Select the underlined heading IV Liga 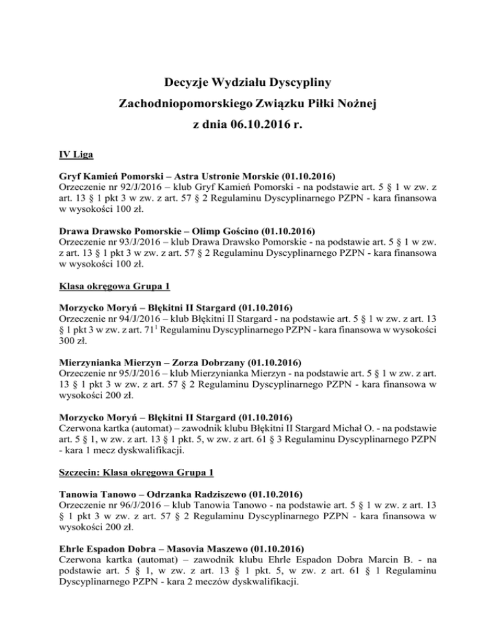76,156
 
